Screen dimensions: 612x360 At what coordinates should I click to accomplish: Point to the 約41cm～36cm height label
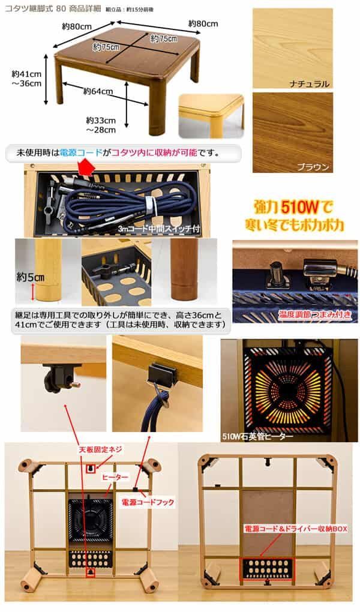coord(27,79)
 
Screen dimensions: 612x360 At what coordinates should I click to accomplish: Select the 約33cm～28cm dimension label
coord(101,124)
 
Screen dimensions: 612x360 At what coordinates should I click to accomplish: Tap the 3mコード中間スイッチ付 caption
coord(158,229)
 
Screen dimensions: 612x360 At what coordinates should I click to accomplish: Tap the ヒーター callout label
coord(116,476)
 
